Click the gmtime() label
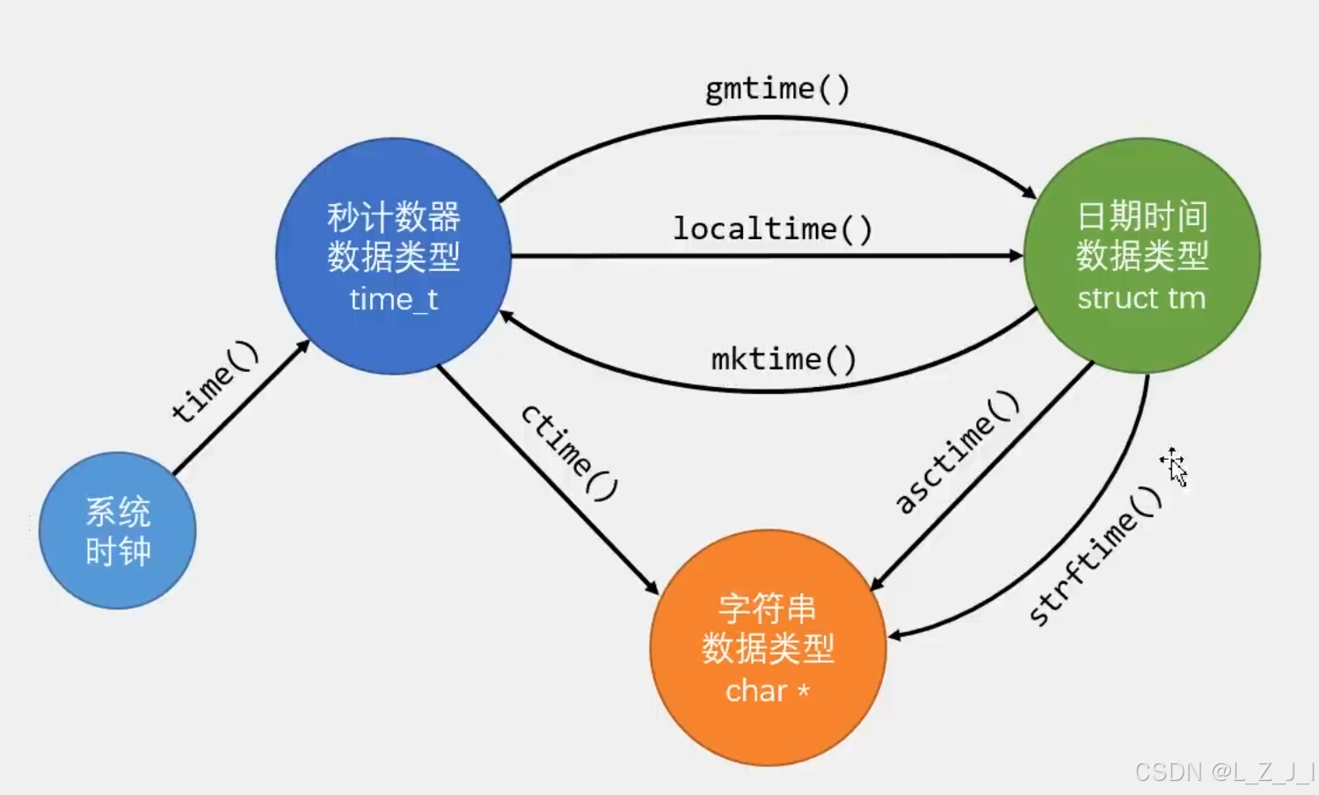click(777, 89)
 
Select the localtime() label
click(772, 229)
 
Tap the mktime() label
click(783, 359)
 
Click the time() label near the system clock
click(215, 381)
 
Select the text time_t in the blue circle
click(394, 300)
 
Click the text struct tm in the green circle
click(1141, 298)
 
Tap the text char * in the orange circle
click(767, 691)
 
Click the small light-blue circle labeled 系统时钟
click(118, 531)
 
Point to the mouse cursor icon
click(1174, 465)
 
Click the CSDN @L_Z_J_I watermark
click(1224, 772)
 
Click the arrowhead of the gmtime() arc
click(1031, 193)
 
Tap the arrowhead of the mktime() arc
click(506, 315)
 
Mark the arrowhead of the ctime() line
click(652, 587)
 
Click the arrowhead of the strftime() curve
click(894, 635)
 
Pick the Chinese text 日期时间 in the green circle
click(1141, 216)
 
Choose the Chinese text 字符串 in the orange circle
click(767, 609)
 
